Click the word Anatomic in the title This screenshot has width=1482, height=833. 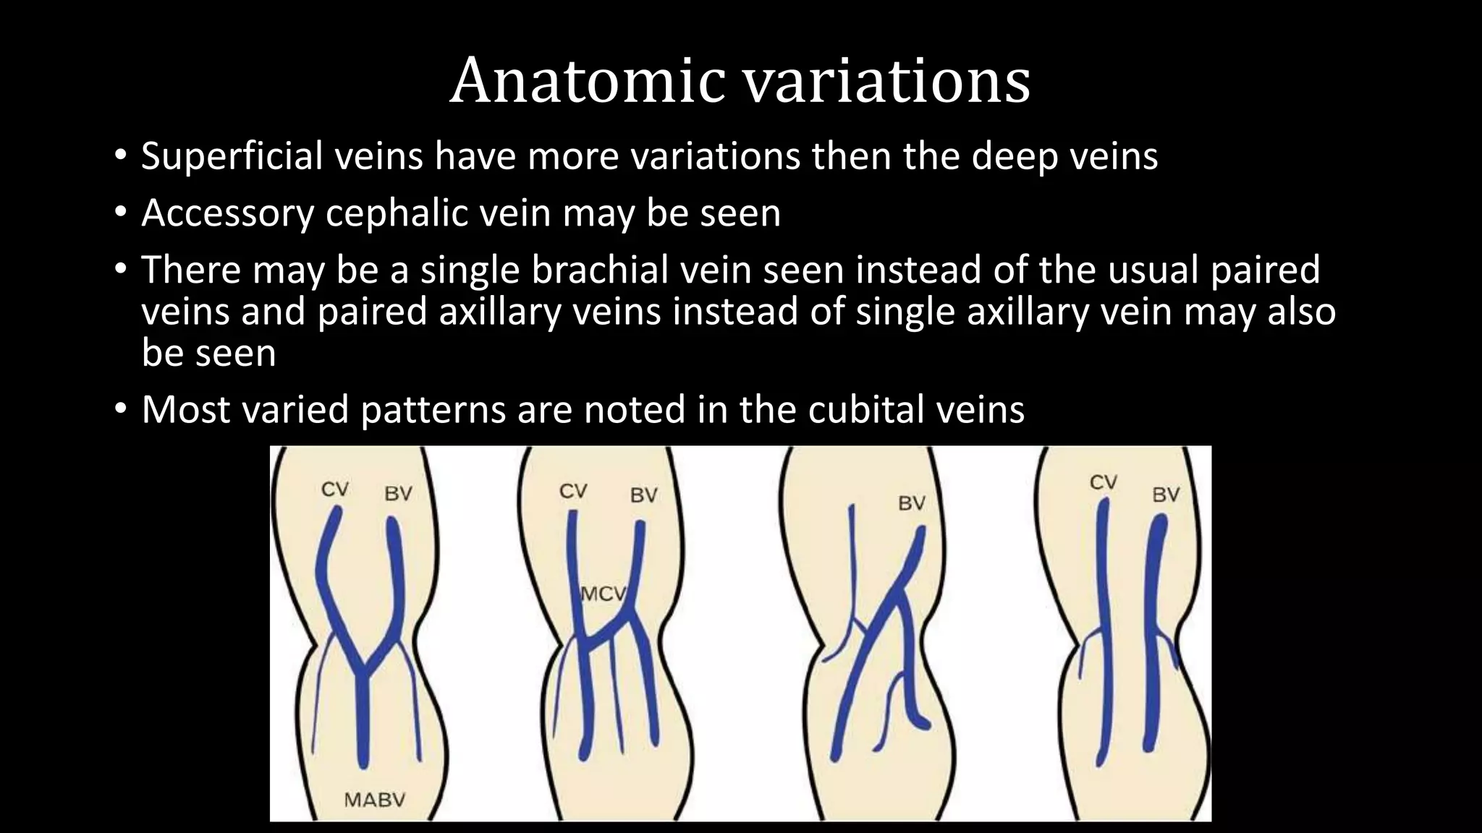[587, 81]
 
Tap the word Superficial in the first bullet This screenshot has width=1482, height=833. [232, 156]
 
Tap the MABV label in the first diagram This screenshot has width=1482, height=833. [374, 800]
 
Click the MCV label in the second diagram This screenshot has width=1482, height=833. [603, 594]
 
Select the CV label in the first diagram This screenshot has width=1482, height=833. [335, 490]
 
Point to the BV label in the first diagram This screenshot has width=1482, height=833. [398, 494]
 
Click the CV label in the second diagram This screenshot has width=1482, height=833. [573, 491]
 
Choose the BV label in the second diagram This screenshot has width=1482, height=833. [643, 495]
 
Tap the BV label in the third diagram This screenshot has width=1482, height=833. [912, 503]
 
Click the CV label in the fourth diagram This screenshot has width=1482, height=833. [1104, 482]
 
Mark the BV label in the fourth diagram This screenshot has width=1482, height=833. [1166, 495]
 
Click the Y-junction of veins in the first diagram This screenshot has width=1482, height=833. [363, 669]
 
